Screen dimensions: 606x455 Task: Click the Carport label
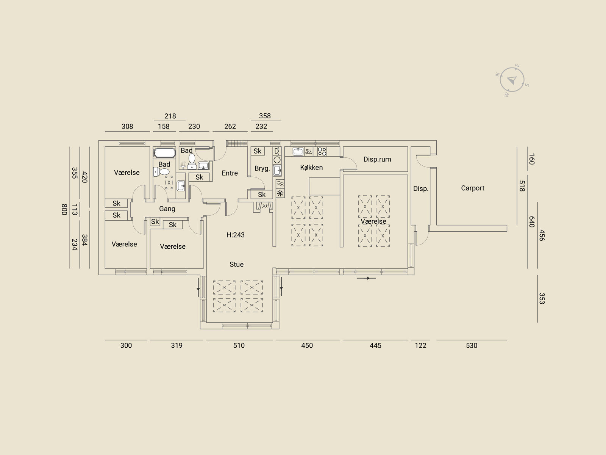click(x=472, y=188)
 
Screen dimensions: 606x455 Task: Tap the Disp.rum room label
click(x=377, y=159)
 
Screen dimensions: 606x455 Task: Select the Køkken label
click(x=311, y=168)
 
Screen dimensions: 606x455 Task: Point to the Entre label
click(x=230, y=173)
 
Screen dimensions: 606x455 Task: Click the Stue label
click(x=237, y=264)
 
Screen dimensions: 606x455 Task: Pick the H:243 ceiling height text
click(x=236, y=235)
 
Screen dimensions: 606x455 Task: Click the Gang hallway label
click(x=167, y=209)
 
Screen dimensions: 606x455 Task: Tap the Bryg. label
click(x=262, y=168)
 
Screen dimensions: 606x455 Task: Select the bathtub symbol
click(x=165, y=153)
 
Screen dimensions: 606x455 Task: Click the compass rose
click(x=512, y=80)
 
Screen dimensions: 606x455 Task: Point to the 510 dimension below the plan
click(x=239, y=345)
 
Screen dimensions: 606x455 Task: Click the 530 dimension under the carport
click(x=472, y=345)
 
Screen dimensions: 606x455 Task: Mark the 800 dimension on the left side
click(x=64, y=209)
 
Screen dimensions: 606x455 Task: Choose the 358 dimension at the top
click(x=265, y=116)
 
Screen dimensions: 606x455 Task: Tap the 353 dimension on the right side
click(x=542, y=299)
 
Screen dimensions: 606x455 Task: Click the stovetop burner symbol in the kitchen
click(x=322, y=151)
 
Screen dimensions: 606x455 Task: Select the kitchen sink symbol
click(x=298, y=151)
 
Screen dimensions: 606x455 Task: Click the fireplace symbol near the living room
click(x=265, y=206)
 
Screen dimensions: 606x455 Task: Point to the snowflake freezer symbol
click(x=280, y=193)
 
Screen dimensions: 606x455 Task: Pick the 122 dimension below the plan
click(x=420, y=345)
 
